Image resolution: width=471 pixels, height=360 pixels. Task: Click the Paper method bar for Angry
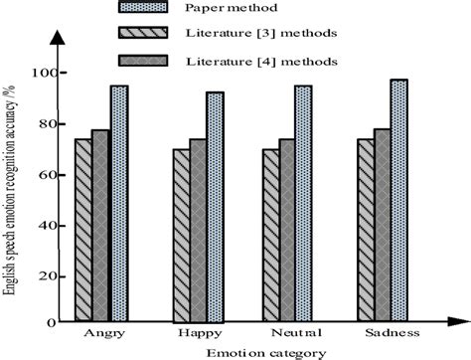click(119, 203)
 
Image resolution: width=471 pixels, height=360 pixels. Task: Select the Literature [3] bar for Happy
click(182, 235)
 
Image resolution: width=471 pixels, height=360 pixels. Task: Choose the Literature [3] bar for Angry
click(82, 230)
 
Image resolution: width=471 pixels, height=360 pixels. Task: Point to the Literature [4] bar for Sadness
click(381, 225)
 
